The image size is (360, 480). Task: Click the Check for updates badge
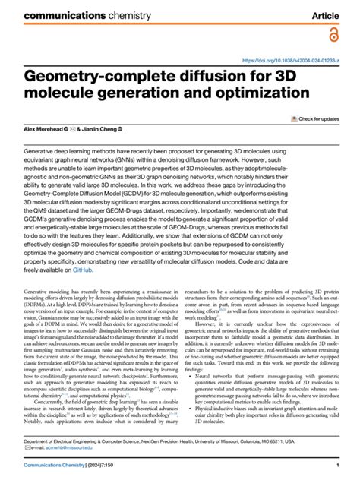(x=314, y=119)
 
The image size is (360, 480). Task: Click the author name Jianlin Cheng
(x=93, y=131)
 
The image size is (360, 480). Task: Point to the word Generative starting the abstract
(x=42, y=151)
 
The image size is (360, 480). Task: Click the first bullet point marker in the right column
(x=197, y=375)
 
